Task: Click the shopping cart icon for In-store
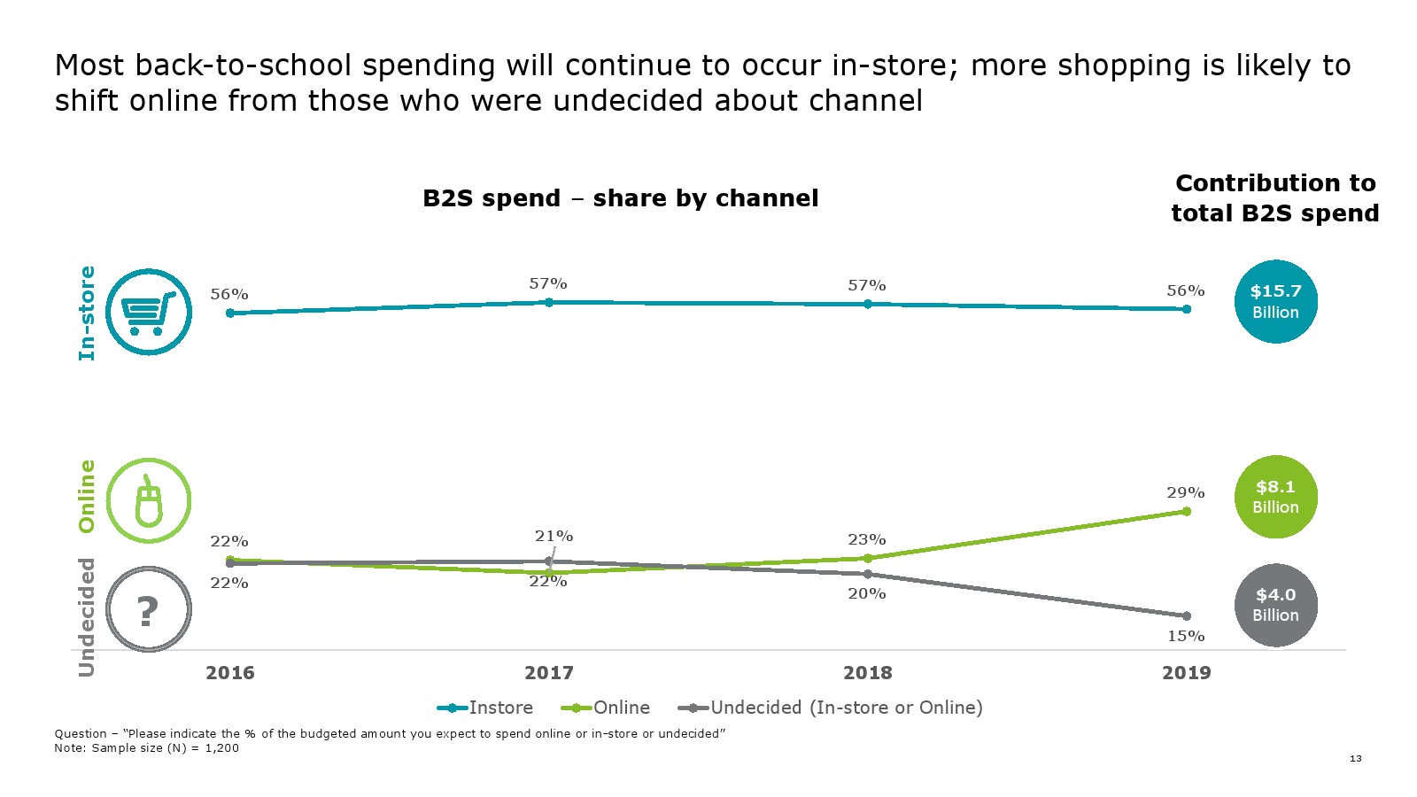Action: (149, 312)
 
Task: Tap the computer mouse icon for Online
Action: (149, 500)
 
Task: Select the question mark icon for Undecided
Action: (149, 609)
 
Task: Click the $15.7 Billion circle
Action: (1275, 301)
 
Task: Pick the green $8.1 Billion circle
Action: (1275, 497)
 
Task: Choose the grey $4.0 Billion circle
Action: (1275, 605)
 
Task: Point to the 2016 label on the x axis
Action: (230, 673)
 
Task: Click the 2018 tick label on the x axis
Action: (868, 673)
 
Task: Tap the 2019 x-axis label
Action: (1187, 673)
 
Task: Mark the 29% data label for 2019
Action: (1186, 492)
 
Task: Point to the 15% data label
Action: (1186, 636)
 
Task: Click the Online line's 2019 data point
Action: (1187, 511)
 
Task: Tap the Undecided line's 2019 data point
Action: (1187, 616)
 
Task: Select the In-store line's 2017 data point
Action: (549, 302)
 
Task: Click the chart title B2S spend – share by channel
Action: (620, 198)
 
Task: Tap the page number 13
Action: (1356, 758)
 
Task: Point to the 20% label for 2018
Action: (867, 593)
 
